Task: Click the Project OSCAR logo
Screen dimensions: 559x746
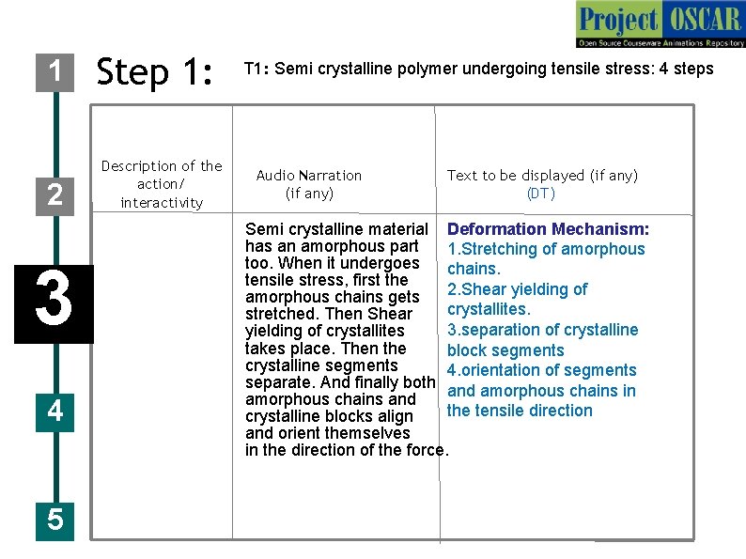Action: point(660,24)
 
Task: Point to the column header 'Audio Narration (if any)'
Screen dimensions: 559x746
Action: point(308,184)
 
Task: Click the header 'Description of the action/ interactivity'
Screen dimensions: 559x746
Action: point(162,184)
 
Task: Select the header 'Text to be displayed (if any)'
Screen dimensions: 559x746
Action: point(542,176)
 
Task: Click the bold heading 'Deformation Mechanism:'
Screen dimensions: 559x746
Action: point(549,229)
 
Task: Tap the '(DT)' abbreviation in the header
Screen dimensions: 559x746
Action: point(541,194)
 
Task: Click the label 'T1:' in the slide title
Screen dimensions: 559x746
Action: point(257,69)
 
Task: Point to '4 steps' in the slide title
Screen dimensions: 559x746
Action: point(687,69)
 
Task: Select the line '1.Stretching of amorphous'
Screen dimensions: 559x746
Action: point(546,249)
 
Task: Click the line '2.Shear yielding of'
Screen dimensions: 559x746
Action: point(517,289)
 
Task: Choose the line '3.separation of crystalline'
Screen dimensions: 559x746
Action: point(542,330)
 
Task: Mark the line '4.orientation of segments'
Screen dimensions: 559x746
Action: point(541,370)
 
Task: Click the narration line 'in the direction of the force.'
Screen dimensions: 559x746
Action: point(347,450)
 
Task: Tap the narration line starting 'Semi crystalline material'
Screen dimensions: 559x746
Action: point(336,229)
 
